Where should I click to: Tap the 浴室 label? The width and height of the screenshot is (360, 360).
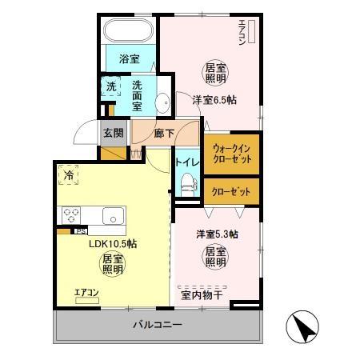point(130,58)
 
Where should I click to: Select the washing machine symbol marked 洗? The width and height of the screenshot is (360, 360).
point(111,86)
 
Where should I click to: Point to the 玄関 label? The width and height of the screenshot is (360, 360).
point(113,133)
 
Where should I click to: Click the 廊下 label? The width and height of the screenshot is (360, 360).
point(162,133)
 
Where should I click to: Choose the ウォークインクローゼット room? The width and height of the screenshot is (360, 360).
point(232,154)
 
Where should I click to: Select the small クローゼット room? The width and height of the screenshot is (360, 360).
point(232,192)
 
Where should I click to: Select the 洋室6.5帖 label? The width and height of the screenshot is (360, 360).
point(214,100)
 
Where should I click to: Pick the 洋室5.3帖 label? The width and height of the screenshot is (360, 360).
point(218,234)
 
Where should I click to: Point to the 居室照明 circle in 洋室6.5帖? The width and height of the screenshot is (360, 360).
point(214,73)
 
